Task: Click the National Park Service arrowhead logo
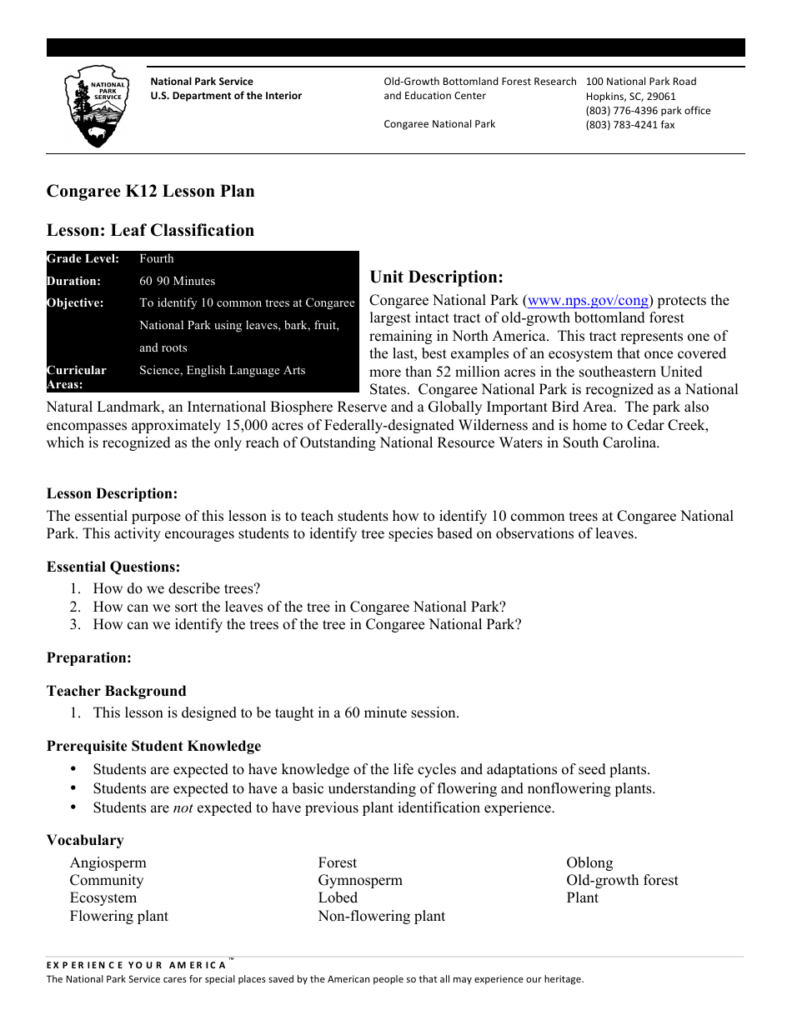tap(97, 109)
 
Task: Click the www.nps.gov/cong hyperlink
tap(588, 301)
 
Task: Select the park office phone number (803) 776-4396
tap(648, 111)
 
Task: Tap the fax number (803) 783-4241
tap(630, 125)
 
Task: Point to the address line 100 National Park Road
tap(640, 82)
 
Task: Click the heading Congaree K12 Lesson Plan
tap(150, 191)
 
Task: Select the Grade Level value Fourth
tap(157, 259)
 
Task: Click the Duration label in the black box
tap(74, 282)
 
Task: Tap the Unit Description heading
tap(436, 277)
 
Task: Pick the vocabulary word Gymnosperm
tap(359, 881)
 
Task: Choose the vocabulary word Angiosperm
tap(108, 863)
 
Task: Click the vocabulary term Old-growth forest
tap(622, 881)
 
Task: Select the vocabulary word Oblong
tap(589, 863)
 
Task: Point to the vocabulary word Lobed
tap(338, 898)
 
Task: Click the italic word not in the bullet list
tap(183, 807)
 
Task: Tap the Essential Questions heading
tap(113, 567)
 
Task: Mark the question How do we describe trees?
tap(177, 588)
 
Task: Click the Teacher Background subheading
tap(116, 692)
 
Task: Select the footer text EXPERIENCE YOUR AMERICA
tap(136, 965)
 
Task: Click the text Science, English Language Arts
tap(223, 370)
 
